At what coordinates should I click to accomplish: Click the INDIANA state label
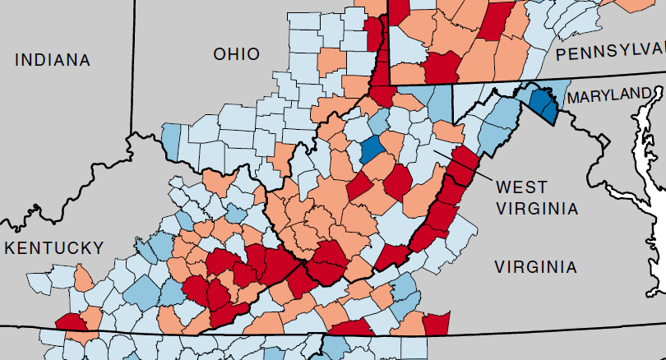point(52,60)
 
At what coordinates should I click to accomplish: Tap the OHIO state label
point(236,54)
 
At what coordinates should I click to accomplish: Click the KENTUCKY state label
point(53,247)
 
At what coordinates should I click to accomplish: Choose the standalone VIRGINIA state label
point(535,266)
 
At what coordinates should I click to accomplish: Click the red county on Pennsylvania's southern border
point(442,67)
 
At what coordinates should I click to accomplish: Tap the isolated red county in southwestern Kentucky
point(69,322)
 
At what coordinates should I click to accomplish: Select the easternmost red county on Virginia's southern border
point(437,323)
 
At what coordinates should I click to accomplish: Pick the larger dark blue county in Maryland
point(540,103)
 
